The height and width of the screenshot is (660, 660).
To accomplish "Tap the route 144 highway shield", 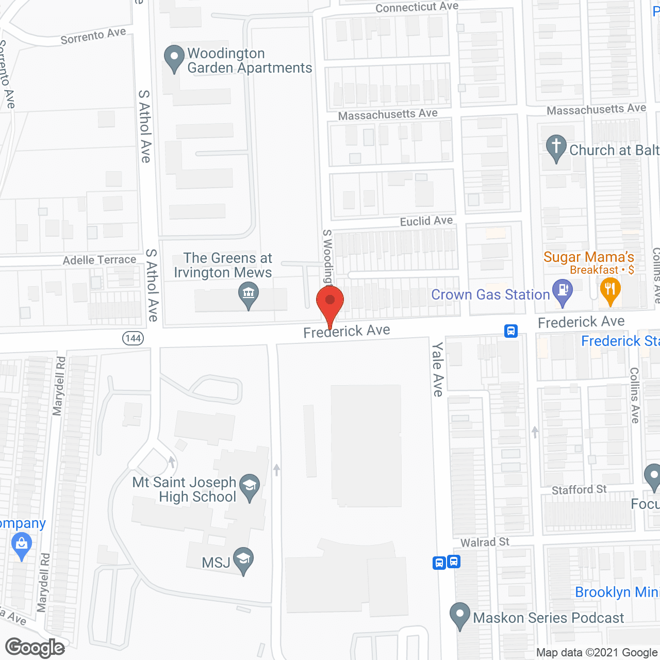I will [x=133, y=338].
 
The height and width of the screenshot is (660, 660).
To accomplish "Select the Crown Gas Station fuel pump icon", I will [x=563, y=292].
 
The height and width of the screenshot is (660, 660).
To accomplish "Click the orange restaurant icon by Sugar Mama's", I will [x=609, y=290].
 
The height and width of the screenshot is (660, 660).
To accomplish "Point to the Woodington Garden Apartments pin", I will [x=174, y=58].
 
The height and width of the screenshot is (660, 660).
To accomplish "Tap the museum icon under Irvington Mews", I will [x=249, y=295].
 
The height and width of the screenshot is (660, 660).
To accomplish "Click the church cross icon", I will [x=556, y=147].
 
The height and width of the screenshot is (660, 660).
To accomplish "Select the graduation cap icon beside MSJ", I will [x=243, y=560].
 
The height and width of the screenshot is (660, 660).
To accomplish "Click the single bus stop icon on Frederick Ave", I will [x=510, y=331].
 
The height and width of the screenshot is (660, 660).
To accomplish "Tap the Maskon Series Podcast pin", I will [x=460, y=616].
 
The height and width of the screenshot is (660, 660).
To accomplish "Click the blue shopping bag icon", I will [x=21, y=546].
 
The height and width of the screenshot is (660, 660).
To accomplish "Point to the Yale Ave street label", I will [x=438, y=369].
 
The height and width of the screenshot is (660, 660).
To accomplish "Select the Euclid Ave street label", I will [x=426, y=221].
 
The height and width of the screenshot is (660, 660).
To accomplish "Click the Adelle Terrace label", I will [x=100, y=260].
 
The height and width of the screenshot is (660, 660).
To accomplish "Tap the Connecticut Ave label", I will [x=417, y=7].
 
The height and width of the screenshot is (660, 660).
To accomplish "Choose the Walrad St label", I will [x=485, y=542].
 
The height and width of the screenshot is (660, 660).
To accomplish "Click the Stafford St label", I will [x=579, y=489].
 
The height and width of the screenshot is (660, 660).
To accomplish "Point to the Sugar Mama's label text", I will [x=589, y=257].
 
